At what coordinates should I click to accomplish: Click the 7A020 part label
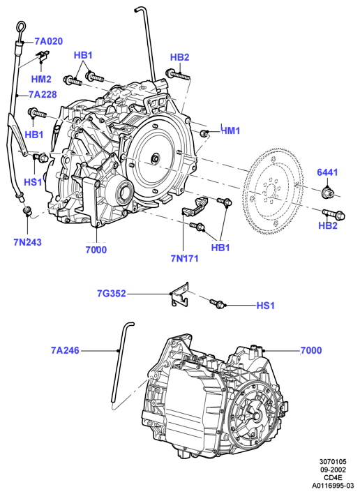point(49,41)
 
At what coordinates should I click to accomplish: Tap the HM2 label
point(41,79)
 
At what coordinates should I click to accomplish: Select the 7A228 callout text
point(43,94)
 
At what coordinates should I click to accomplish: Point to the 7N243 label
point(27,242)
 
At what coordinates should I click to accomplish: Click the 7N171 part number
point(185,258)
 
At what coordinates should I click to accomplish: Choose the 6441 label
point(327,172)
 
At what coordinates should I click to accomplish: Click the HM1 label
point(231,130)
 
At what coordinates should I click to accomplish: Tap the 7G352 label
point(111,293)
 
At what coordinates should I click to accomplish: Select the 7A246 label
point(65,350)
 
